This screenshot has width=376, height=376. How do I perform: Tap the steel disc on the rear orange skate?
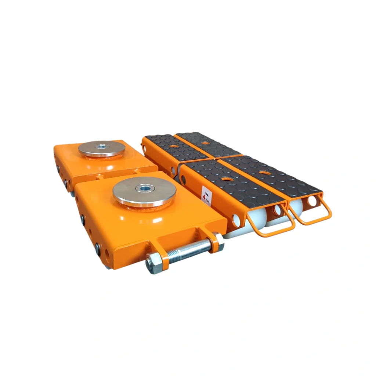tap(102, 149)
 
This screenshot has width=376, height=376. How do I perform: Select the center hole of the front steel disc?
tap(144, 188)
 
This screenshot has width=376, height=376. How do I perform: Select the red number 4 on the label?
tap(204, 197)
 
